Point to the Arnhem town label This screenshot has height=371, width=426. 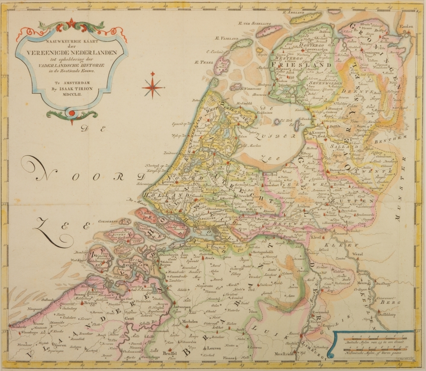click(303, 205)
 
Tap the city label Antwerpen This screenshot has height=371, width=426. click(182, 308)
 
